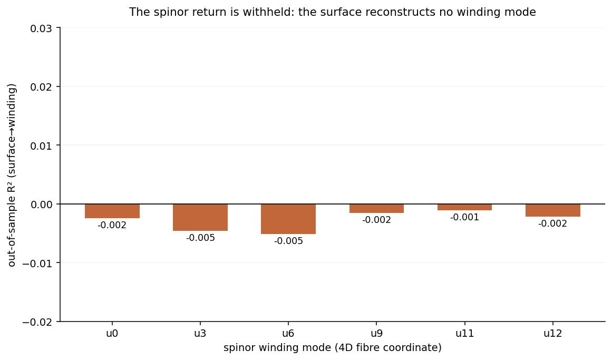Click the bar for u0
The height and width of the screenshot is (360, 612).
[112, 211]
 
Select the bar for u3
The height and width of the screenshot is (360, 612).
[200, 217]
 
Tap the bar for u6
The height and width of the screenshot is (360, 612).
[288, 219]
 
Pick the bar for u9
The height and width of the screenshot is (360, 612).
[377, 208]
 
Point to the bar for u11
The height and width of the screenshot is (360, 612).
[464, 207]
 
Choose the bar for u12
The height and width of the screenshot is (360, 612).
[552, 210]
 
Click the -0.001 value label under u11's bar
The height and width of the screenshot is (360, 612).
[464, 217]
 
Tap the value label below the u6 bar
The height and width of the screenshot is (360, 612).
[288, 241]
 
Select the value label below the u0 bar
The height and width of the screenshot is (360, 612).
[112, 225]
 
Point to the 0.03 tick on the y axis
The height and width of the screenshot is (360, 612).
[43, 28]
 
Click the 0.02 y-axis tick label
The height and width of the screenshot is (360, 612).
[43, 86]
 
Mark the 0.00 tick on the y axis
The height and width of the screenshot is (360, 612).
[43, 204]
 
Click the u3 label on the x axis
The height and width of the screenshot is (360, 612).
[200, 334]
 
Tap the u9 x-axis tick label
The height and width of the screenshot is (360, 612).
[377, 334]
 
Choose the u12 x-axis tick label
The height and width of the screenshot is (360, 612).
[552, 334]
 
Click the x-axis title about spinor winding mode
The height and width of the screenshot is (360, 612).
[333, 347]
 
